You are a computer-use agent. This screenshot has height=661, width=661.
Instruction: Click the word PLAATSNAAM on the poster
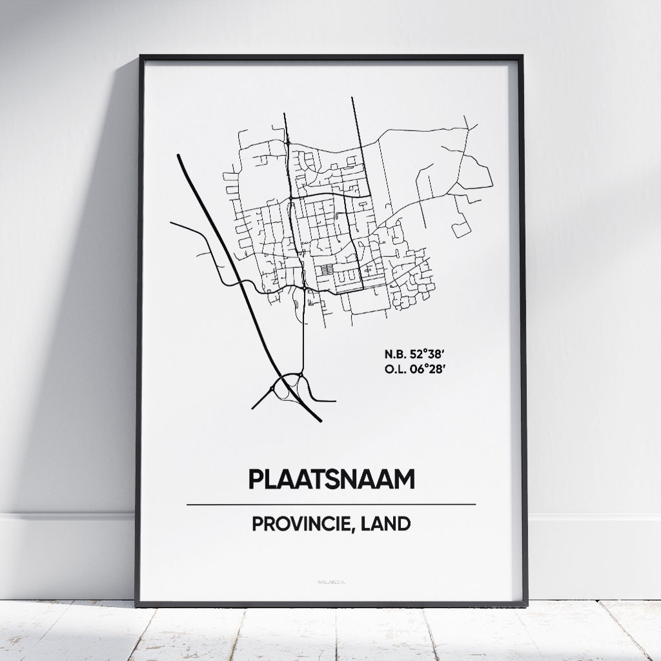[x=331, y=480]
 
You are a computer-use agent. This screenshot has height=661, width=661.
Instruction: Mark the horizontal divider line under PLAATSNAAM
[x=331, y=504]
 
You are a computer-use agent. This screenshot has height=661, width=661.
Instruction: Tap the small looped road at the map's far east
[x=462, y=229]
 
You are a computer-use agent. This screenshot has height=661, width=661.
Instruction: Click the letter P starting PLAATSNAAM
[x=254, y=480]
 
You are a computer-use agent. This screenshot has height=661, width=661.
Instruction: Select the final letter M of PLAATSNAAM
[x=405, y=480]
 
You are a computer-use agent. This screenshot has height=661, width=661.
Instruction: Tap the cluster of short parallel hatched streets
[x=329, y=270]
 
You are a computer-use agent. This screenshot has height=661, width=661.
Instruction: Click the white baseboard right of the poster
[x=594, y=555]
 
